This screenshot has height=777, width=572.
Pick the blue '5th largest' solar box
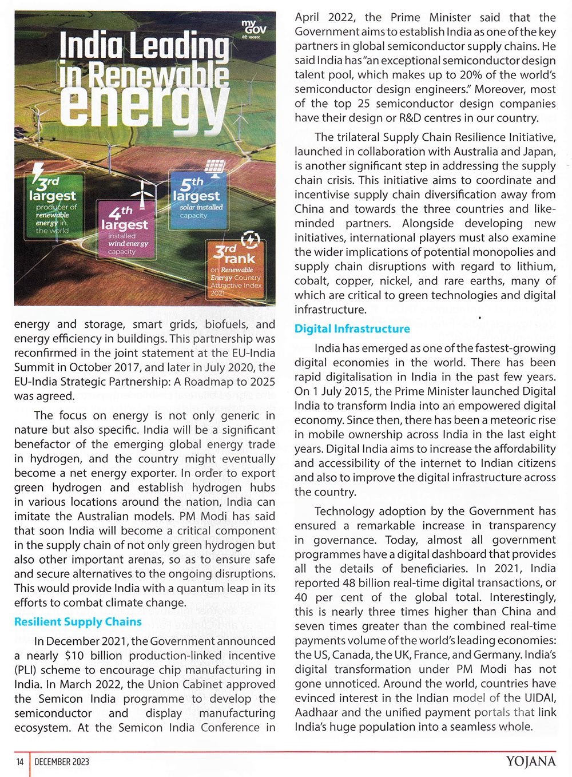198,200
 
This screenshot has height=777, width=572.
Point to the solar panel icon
214,167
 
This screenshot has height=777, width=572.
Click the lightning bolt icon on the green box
38,172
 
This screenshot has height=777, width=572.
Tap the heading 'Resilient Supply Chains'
78,622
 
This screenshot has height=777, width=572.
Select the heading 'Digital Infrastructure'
352,328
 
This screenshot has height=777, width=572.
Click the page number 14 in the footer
20,762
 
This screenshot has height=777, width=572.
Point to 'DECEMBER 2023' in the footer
62,762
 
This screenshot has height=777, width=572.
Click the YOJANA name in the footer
530,762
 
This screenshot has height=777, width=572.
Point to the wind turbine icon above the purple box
143,189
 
